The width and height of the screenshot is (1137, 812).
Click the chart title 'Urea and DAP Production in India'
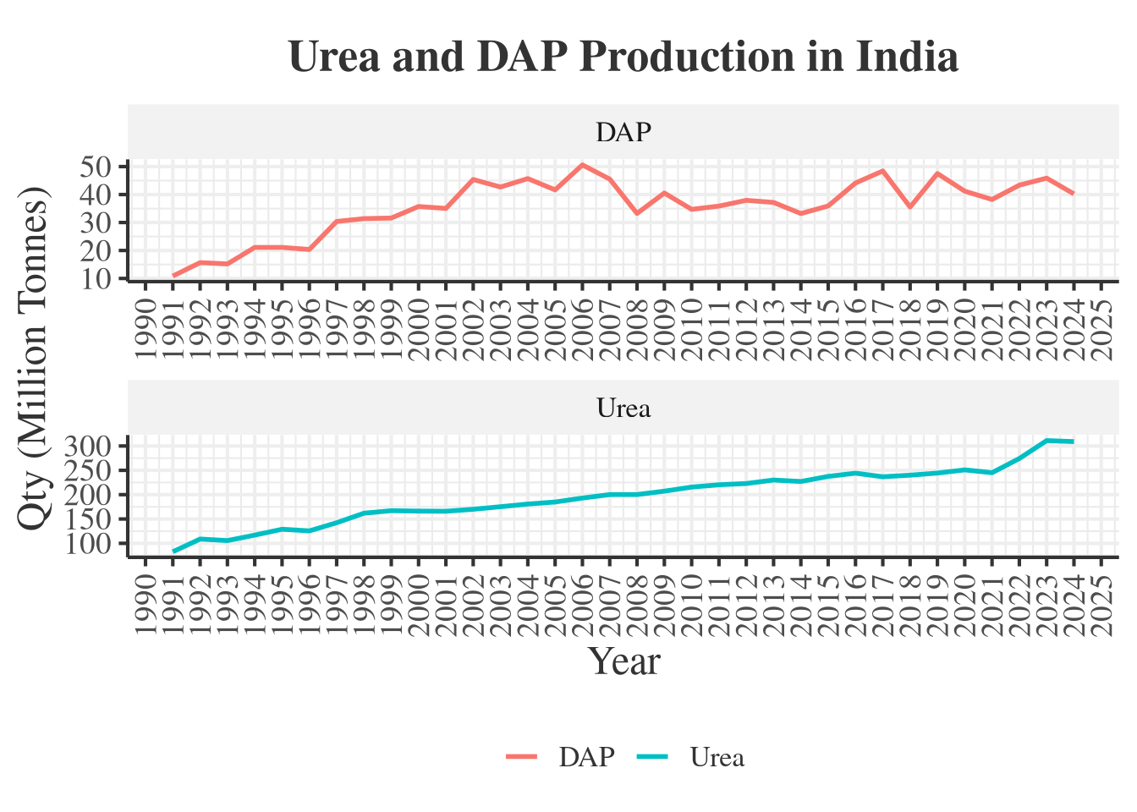point(623,58)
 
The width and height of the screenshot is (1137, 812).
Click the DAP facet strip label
point(623,132)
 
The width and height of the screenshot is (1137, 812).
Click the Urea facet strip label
point(623,409)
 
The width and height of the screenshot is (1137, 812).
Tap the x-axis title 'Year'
point(624,661)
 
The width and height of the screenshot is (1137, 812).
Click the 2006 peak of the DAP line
point(582,164)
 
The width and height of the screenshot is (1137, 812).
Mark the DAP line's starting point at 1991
point(173,276)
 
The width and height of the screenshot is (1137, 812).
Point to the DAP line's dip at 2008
point(637,213)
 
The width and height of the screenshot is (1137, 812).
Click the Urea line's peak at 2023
point(1046,441)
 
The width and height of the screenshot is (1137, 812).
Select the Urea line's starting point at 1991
point(173,551)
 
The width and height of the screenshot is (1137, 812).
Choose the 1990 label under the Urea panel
point(146,606)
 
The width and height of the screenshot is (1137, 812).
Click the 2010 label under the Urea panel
point(692,606)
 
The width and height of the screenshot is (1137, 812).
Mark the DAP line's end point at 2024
point(1074,194)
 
